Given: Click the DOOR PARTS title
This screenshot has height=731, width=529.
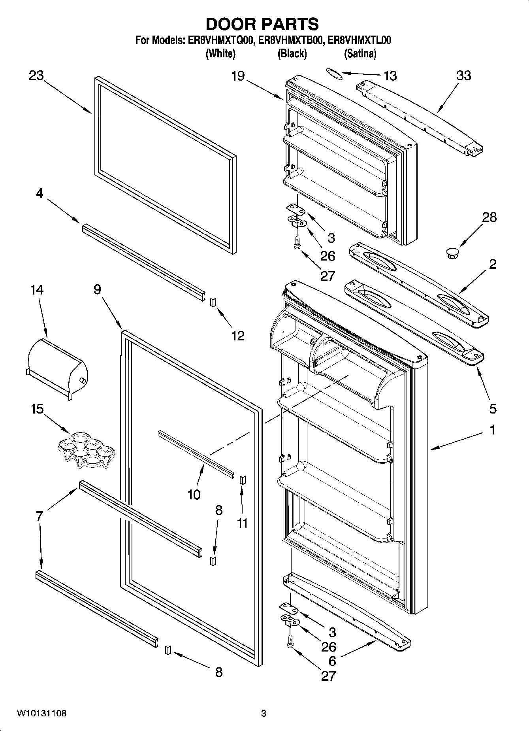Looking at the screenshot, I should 262,24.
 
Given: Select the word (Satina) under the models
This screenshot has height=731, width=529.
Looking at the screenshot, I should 360,53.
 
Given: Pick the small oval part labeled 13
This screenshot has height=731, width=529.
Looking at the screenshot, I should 334,74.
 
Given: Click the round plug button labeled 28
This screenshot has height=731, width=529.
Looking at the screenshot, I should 453,253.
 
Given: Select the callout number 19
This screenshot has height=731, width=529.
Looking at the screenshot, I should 238,76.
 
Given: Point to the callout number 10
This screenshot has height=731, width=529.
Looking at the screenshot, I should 194,494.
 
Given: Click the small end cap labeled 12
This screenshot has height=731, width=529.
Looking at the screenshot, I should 214,302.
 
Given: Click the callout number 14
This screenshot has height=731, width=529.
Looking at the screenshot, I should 37,290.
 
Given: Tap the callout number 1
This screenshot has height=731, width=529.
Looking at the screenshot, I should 492,430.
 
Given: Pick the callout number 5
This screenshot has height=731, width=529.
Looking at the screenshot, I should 492,408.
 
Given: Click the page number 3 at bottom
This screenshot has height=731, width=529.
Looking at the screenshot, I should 264,714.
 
